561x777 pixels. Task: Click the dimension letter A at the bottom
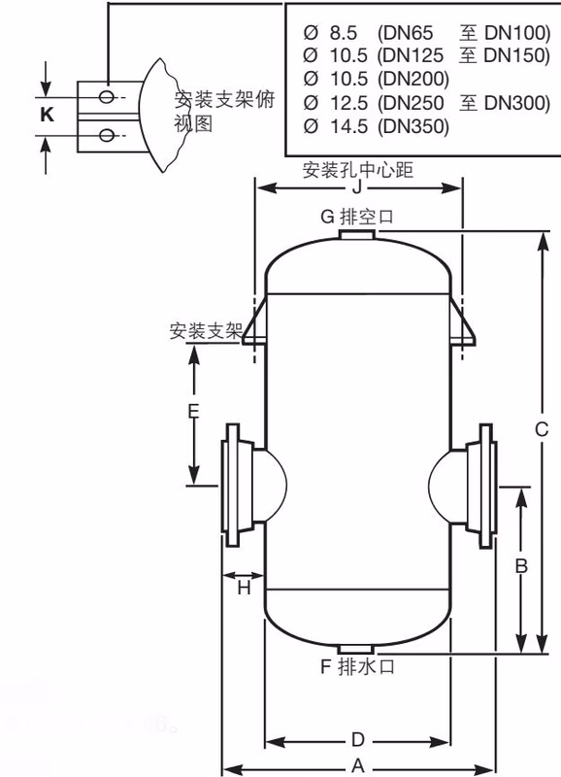tap(357, 766)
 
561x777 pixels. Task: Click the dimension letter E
tap(193, 413)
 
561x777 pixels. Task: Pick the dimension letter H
tap(244, 587)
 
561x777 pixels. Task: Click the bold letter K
tap(47, 115)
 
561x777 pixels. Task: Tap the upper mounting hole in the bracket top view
tap(108, 97)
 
